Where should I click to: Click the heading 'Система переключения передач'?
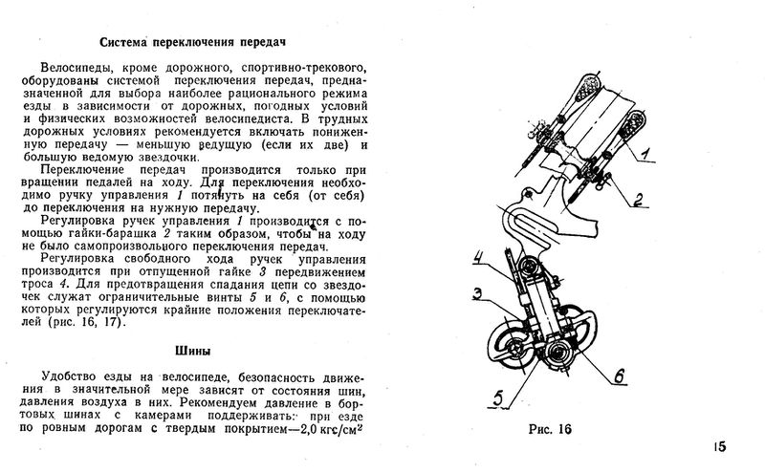(x=194, y=42)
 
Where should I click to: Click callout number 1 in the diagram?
(x=646, y=154)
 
